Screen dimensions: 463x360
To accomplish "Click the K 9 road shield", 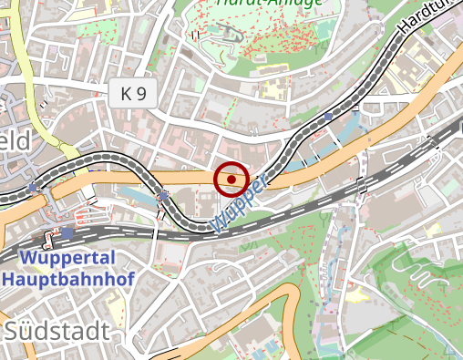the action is (x=132, y=92).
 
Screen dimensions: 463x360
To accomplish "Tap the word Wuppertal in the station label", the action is (x=57, y=258).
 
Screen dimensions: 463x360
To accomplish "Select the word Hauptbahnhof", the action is (x=57, y=278).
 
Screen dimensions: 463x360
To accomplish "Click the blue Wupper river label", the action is (x=239, y=202).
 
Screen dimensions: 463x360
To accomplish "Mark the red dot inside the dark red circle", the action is (x=231, y=180).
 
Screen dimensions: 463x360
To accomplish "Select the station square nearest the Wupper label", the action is (x=163, y=196).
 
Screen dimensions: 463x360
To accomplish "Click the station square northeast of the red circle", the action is (x=327, y=117).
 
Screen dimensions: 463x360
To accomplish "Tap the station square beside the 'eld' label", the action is (x=34, y=187).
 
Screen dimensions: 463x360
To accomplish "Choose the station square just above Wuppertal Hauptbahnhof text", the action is (x=67, y=232).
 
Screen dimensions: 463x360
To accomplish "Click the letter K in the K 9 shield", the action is (x=126, y=92).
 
